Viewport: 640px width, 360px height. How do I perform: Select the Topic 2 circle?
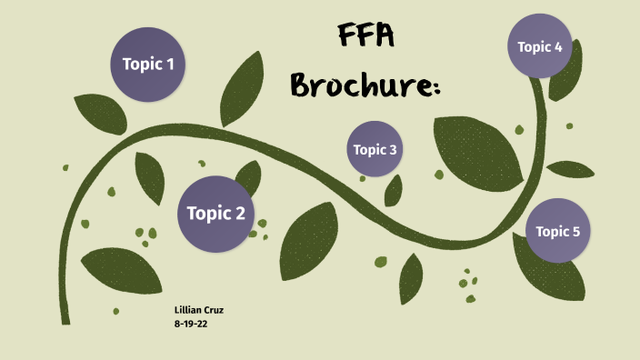(x=215, y=214)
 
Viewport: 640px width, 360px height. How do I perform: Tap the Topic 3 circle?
(x=375, y=149)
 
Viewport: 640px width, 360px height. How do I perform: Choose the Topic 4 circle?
(x=539, y=46)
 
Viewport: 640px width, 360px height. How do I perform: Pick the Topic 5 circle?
(x=557, y=231)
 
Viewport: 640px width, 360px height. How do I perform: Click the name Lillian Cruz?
(x=198, y=311)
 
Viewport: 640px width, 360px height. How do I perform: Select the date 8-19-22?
(x=191, y=324)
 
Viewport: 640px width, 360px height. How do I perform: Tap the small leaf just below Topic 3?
(x=394, y=190)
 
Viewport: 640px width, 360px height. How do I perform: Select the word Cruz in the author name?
(x=212, y=311)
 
